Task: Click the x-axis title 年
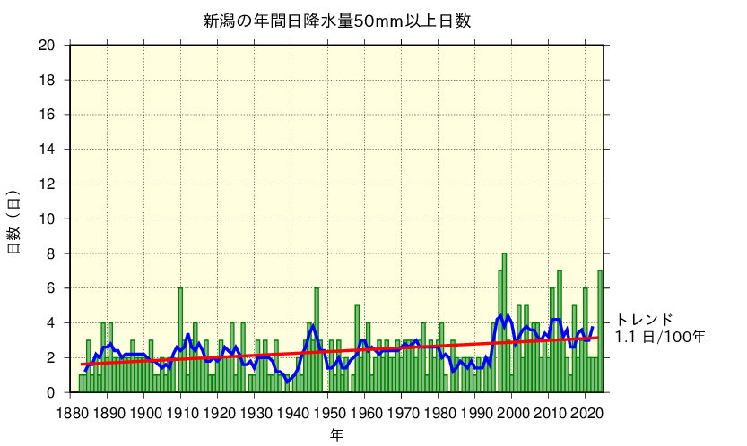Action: [336, 434]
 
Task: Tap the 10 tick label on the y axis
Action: [48, 219]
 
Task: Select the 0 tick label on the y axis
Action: [52, 392]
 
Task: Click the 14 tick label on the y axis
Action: [48, 150]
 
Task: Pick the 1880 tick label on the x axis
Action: [71, 413]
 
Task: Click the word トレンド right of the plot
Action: [644, 320]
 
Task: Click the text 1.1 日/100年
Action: [660, 338]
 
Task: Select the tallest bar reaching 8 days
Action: [505, 322]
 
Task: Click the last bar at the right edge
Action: [600, 331]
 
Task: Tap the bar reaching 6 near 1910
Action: [180, 340]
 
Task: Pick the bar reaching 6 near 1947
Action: [317, 340]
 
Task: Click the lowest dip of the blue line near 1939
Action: [288, 382]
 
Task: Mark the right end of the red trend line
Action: [598, 338]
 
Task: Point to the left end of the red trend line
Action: [82, 365]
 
